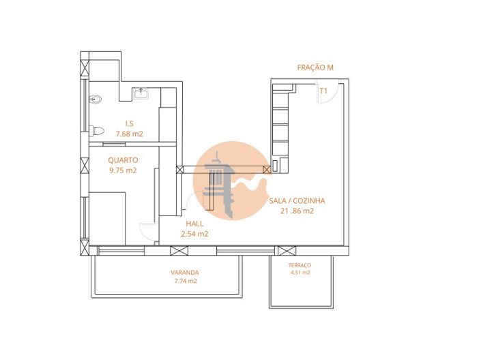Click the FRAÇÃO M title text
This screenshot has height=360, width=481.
click(x=315, y=67)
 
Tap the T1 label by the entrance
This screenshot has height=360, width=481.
click(x=324, y=90)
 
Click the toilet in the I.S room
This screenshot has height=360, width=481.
click(x=97, y=130)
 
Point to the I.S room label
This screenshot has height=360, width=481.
click(x=128, y=123)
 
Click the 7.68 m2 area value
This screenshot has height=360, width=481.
click(x=129, y=134)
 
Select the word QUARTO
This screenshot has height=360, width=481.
click(x=123, y=160)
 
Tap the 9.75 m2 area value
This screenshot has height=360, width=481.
click(x=123, y=170)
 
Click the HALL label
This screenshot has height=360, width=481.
click(x=194, y=223)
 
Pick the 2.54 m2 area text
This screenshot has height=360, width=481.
click(x=194, y=234)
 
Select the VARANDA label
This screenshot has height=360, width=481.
click(x=185, y=273)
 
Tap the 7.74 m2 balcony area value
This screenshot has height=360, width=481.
click(x=185, y=281)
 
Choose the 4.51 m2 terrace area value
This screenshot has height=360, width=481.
click(x=300, y=272)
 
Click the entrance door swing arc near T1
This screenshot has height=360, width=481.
click(x=327, y=97)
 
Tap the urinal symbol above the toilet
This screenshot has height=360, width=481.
click(x=96, y=100)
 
